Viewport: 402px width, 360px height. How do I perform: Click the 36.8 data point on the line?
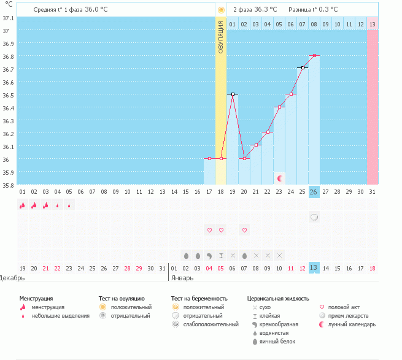pos(314,56)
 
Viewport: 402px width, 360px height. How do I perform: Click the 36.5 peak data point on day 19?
pos(233,94)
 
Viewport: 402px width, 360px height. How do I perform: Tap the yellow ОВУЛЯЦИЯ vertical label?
pos(221,37)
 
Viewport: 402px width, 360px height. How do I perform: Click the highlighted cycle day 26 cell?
pos(314,192)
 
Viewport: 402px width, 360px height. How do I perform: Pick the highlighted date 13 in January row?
pos(314,268)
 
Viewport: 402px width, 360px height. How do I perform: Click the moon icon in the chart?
pos(280,178)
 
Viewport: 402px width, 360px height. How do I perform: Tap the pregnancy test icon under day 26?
pos(314,217)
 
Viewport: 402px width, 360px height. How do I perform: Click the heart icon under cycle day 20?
pos(244,230)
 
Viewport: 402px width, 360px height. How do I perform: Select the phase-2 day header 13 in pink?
pos(373,24)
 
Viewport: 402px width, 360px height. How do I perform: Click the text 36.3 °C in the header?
pos(265,10)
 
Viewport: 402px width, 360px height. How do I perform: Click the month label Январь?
pos(183,278)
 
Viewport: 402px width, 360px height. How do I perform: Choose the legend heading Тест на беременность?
pos(199,298)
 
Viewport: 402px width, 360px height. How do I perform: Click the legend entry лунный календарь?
pos(352,324)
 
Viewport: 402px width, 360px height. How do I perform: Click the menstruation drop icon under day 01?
pos(22,205)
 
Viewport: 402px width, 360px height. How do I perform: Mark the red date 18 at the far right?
pos(373,268)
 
